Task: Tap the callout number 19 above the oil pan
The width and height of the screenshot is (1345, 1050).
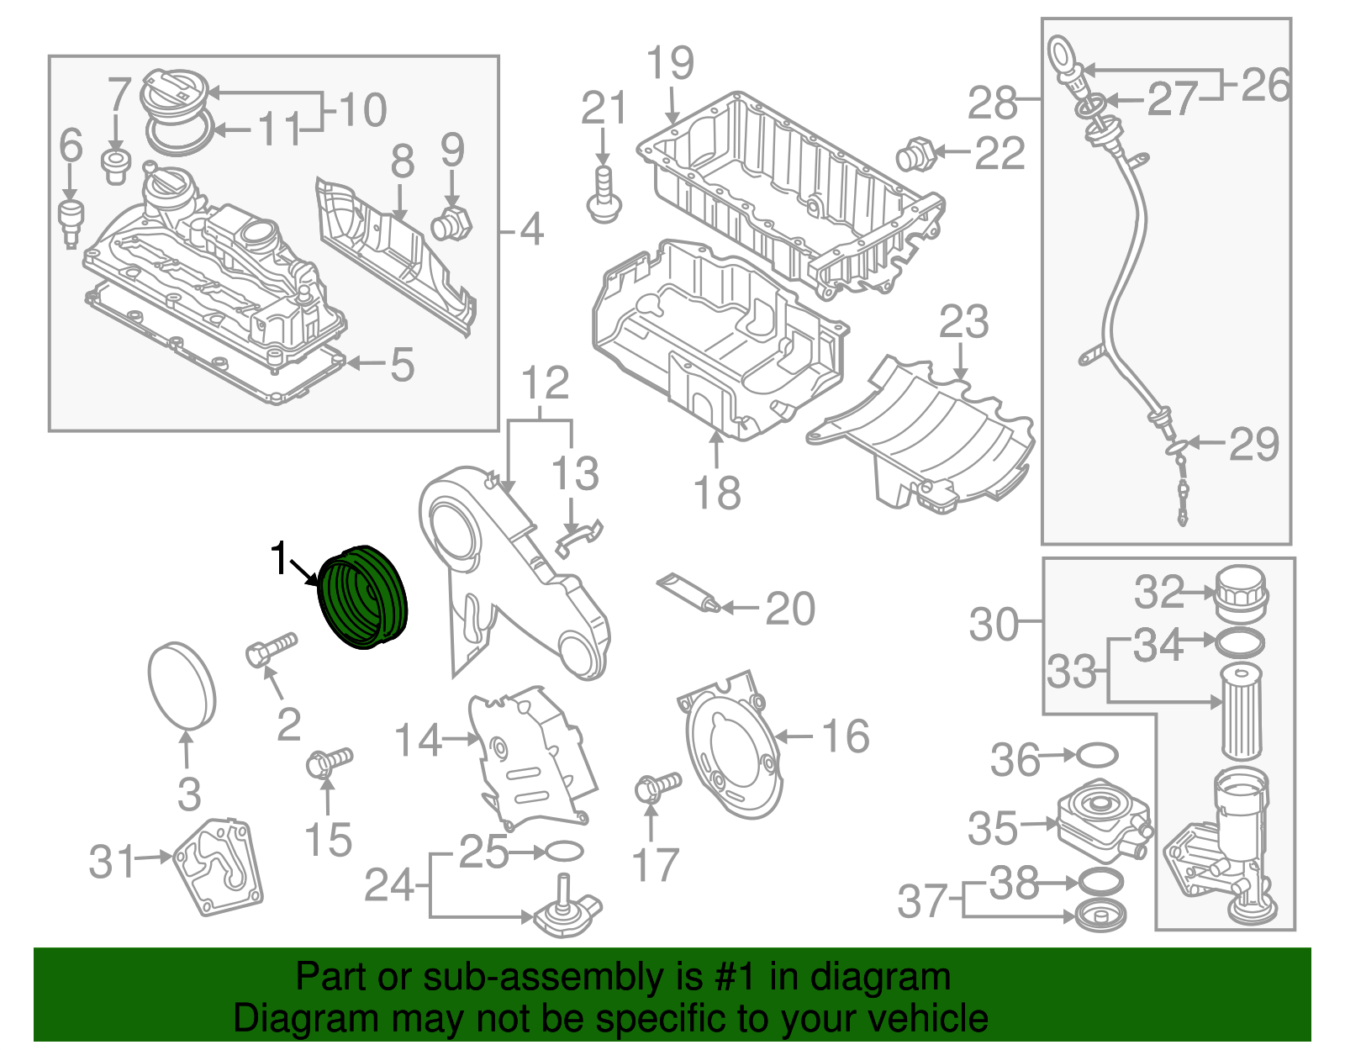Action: [670, 63]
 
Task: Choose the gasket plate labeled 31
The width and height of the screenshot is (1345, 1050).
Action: [219, 867]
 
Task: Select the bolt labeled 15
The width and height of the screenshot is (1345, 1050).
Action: [329, 762]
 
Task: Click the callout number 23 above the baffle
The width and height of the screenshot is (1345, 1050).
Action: [963, 321]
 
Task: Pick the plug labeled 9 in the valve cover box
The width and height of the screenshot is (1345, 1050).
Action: [451, 224]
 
